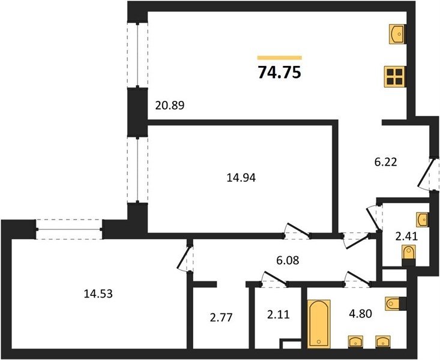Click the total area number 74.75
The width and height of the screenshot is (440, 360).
280,72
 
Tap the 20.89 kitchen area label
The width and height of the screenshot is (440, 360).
170,106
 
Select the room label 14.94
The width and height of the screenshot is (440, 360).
241,178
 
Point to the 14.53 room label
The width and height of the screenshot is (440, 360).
98,294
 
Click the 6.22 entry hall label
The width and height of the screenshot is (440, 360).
386,162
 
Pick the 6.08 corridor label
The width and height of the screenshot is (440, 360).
288,260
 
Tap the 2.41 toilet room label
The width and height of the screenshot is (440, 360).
406,237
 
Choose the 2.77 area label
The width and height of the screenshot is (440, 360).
222,318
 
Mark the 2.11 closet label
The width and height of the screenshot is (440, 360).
278,314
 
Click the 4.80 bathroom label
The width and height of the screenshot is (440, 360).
361,313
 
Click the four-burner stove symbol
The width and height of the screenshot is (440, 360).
395,77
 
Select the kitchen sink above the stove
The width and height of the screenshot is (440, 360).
397,34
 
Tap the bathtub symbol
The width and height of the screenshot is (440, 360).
319,324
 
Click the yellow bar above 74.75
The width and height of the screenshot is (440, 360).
280,58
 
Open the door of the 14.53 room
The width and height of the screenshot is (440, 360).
185,256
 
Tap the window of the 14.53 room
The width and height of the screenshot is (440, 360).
69,229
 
